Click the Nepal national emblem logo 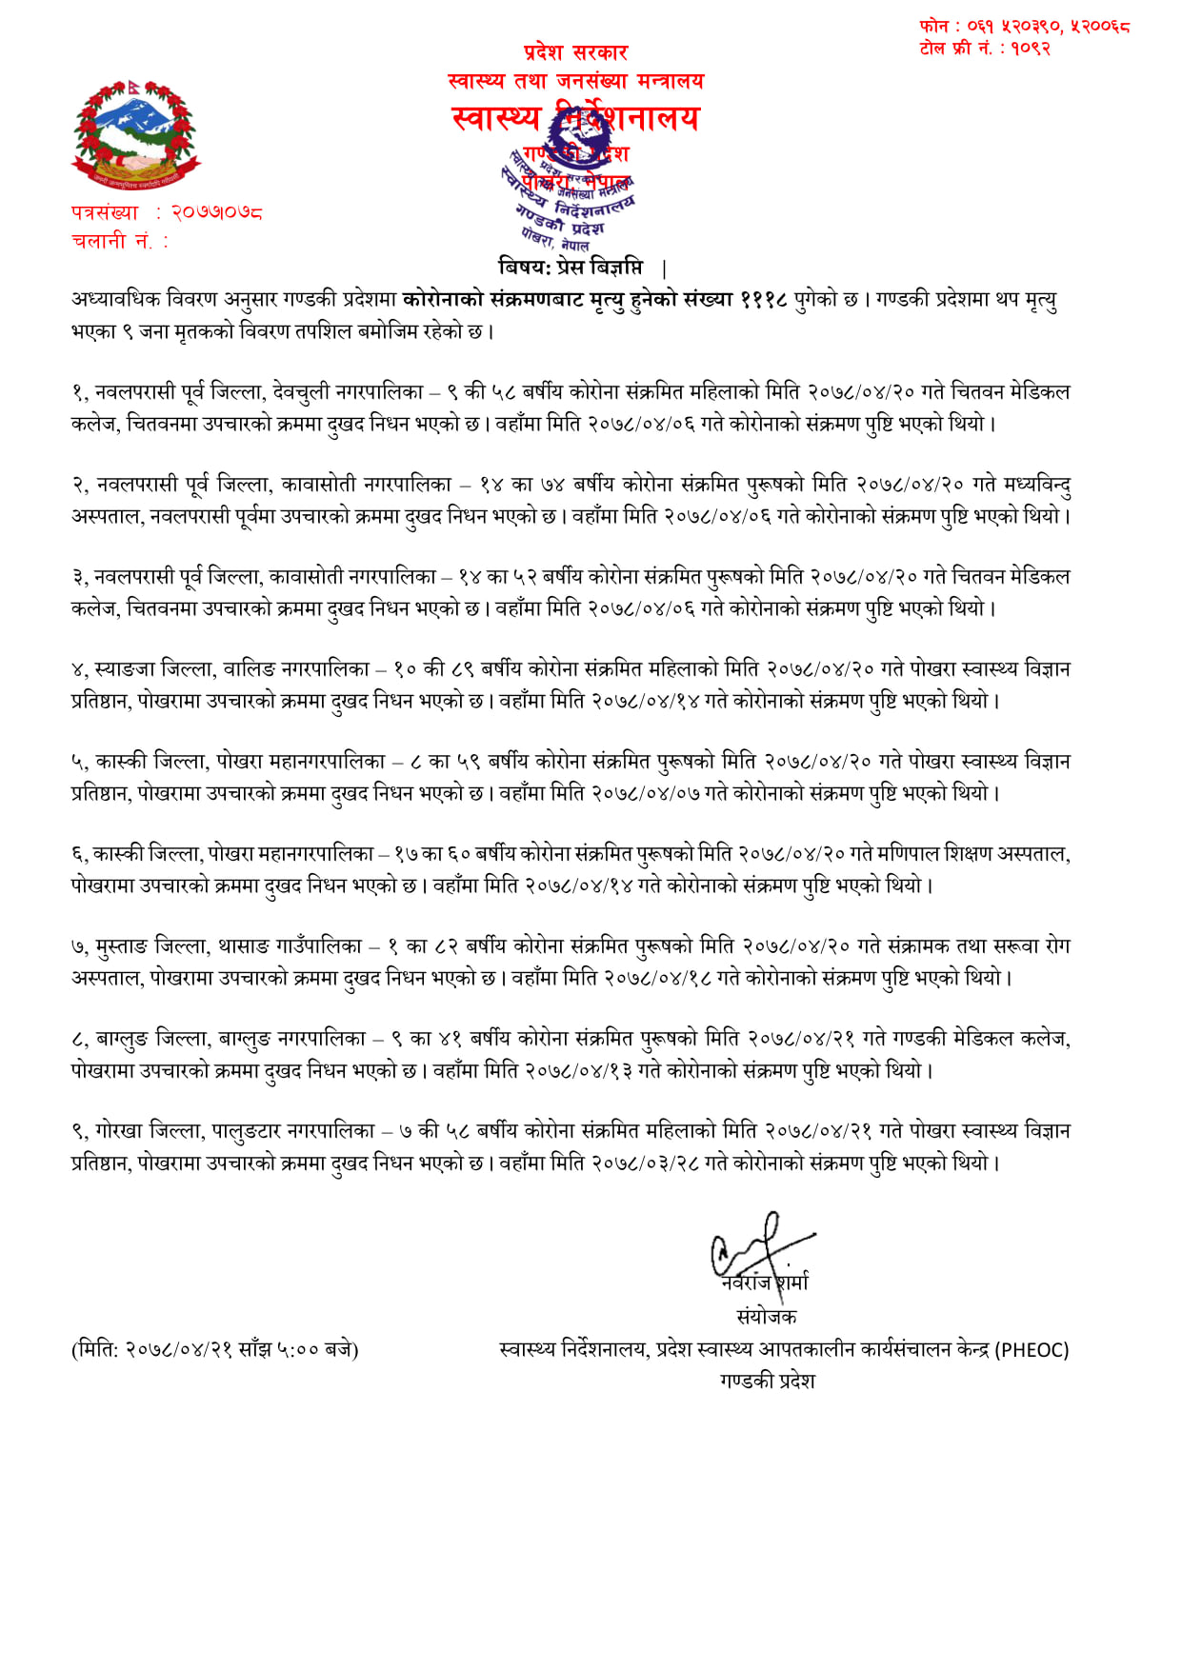pos(136,135)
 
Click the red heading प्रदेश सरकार pos(575,52)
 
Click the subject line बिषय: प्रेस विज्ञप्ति pos(571,267)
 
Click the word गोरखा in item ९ pos(119,1131)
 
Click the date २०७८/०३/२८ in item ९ pos(645,1163)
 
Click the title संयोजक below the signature pos(767,1317)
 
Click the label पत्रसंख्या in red pos(105,212)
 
